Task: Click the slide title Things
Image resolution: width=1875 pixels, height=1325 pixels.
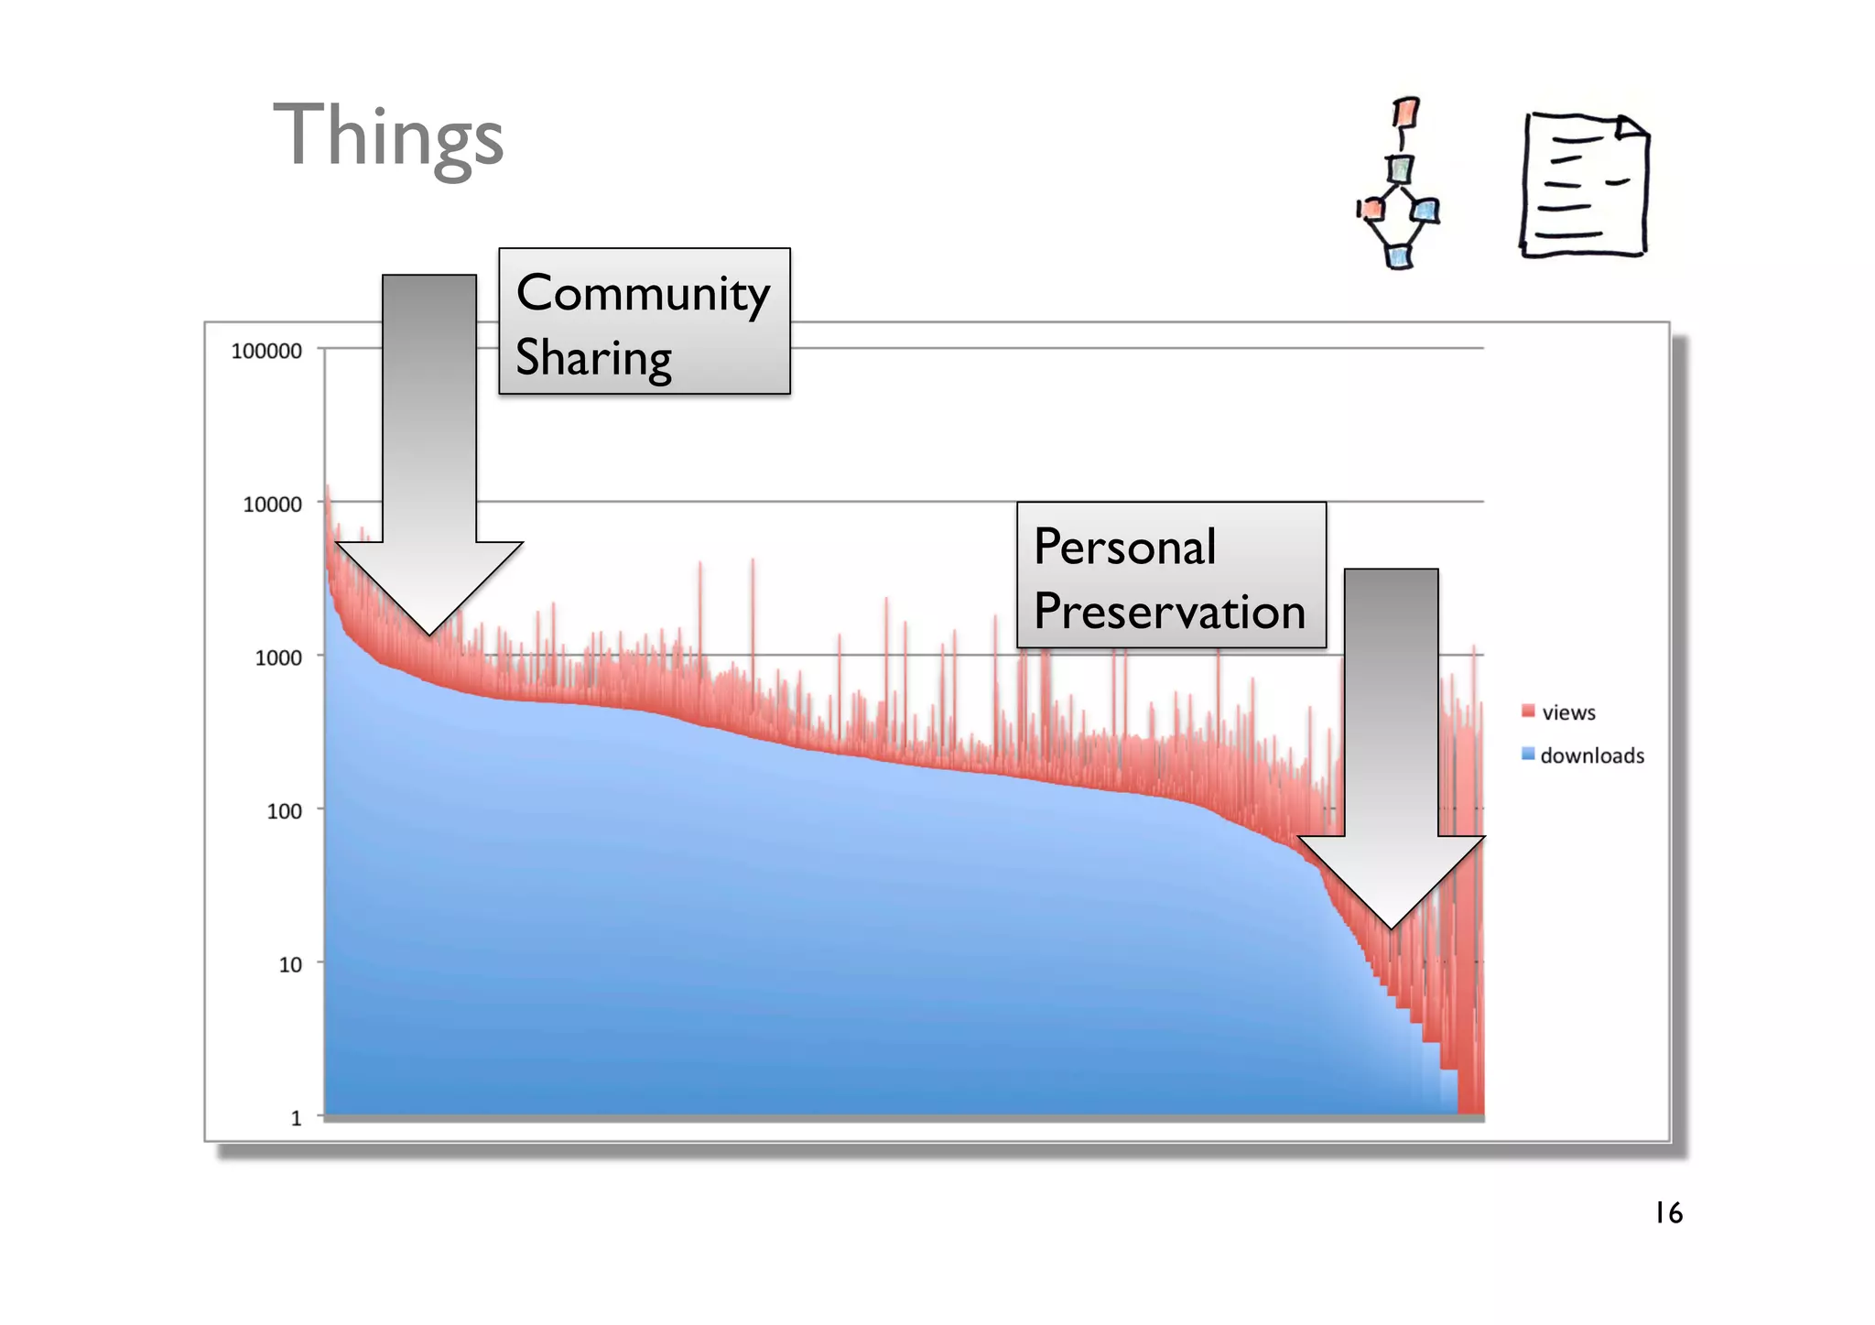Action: click(388, 137)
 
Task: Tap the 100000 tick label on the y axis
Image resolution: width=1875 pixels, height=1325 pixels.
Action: click(266, 352)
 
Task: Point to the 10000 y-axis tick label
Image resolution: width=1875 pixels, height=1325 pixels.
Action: click(272, 505)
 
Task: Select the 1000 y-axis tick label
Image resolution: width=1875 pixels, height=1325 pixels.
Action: click(277, 658)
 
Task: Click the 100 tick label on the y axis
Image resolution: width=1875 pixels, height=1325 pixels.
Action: click(284, 811)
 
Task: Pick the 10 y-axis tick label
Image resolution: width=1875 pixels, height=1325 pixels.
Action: click(290, 965)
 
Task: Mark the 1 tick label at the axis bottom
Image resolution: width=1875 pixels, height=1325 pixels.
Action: click(296, 1118)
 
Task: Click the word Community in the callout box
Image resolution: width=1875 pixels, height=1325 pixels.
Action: click(643, 295)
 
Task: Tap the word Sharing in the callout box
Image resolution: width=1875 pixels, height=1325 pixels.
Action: click(593, 358)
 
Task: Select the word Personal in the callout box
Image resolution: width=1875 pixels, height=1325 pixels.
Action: click(1124, 548)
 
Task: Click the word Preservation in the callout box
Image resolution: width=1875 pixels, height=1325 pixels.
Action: click(1169, 612)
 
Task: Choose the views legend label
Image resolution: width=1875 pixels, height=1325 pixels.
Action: click(1568, 712)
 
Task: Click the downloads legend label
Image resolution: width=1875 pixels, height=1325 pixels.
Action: click(1592, 755)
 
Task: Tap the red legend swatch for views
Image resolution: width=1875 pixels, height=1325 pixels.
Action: click(1528, 711)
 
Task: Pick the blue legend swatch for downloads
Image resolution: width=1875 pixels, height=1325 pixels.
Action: click(1528, 754)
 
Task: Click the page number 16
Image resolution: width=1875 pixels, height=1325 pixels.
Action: click(1668, 1213)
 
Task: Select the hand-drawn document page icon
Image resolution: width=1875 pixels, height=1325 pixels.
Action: click(1584, 186)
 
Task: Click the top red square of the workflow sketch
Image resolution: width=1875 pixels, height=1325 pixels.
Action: click(1405, 113)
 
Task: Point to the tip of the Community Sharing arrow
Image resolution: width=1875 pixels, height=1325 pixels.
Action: click(429, 634)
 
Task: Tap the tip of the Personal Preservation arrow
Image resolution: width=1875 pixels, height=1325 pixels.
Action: click(1391, 928)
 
